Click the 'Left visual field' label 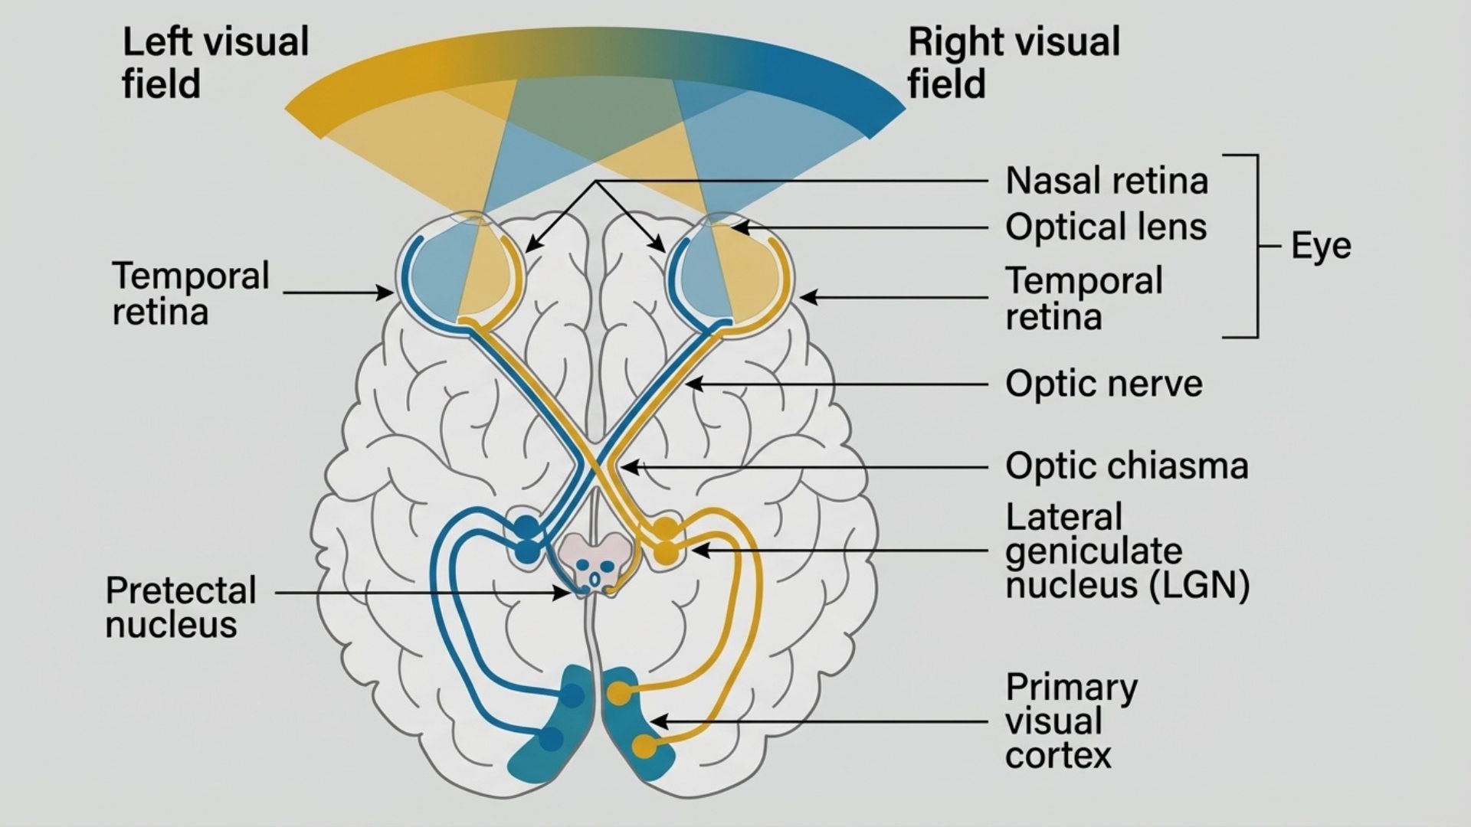pos(215,63)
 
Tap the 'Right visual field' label pos(1013,63)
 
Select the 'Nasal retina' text pos(1106,181)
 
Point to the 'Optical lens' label pos(1106,227)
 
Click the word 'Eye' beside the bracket pos(1321,247)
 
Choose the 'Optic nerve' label pos(1103,384)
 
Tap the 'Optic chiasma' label pos(1126,466)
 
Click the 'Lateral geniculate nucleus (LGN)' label pos(1126,551)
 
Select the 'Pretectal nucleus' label pos(181,607)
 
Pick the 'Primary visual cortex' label pos(1071,721)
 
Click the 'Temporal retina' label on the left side pos(190,294)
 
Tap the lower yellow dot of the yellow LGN pos(665,552)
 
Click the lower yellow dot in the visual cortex pos(644,746)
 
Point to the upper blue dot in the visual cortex pos(572,695)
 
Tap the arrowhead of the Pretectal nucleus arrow pos(565,593)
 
